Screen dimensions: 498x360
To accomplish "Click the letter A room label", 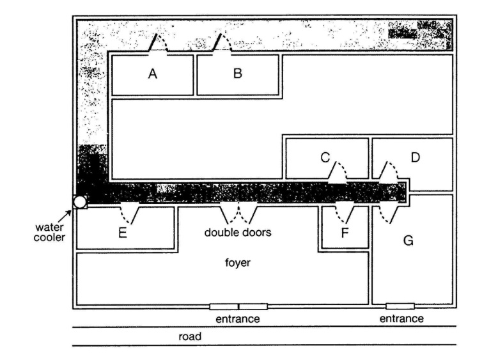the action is tap(153, 74).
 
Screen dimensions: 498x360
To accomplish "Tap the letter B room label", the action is tap(238, 73).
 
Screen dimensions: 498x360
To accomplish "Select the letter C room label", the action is tap(325, 157).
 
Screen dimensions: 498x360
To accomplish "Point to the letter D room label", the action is tap(416, 157).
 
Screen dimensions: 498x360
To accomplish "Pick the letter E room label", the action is tap(123, 233).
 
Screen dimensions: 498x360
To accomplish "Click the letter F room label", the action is tap(345, 233).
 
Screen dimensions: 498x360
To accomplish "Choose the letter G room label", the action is tap(408, 240).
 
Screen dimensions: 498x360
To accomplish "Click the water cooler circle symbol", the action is tap(80, 202).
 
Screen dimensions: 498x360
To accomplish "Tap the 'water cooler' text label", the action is tap(50, 232).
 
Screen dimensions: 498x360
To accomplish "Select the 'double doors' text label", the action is tap(238, 232).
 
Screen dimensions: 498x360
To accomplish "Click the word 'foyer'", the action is tap(238, 263).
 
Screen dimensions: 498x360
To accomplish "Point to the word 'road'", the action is tap(190, 336).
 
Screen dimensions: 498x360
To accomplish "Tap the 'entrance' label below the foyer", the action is tap(238, 318).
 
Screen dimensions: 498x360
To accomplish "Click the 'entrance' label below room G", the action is tap(401, 318).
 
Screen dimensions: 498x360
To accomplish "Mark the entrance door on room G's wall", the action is tap(400, 306).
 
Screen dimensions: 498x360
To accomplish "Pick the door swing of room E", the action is tap(129, 215).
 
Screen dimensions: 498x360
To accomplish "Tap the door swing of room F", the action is tap(345, 214).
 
